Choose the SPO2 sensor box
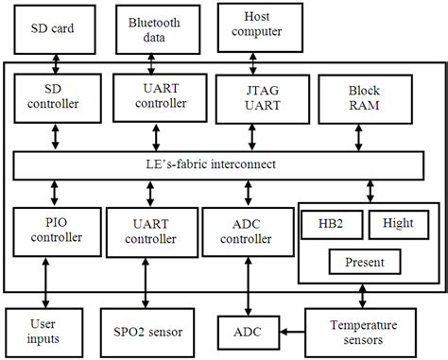(149, 331)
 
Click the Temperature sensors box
(367, 331)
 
